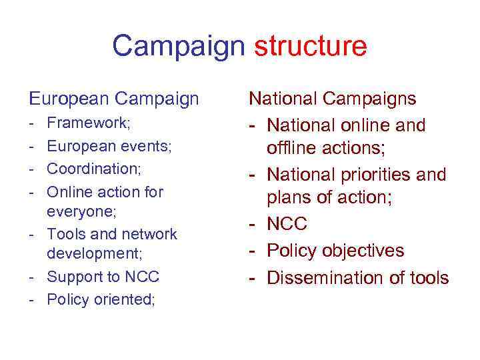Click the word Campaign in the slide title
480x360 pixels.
(x=179, y=47)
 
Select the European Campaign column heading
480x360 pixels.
(x=114, y=99)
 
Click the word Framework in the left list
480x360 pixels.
(x=87, y=123)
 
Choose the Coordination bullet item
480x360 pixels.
(x=93, y=169)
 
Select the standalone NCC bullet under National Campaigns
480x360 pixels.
(x=287, y=223)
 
